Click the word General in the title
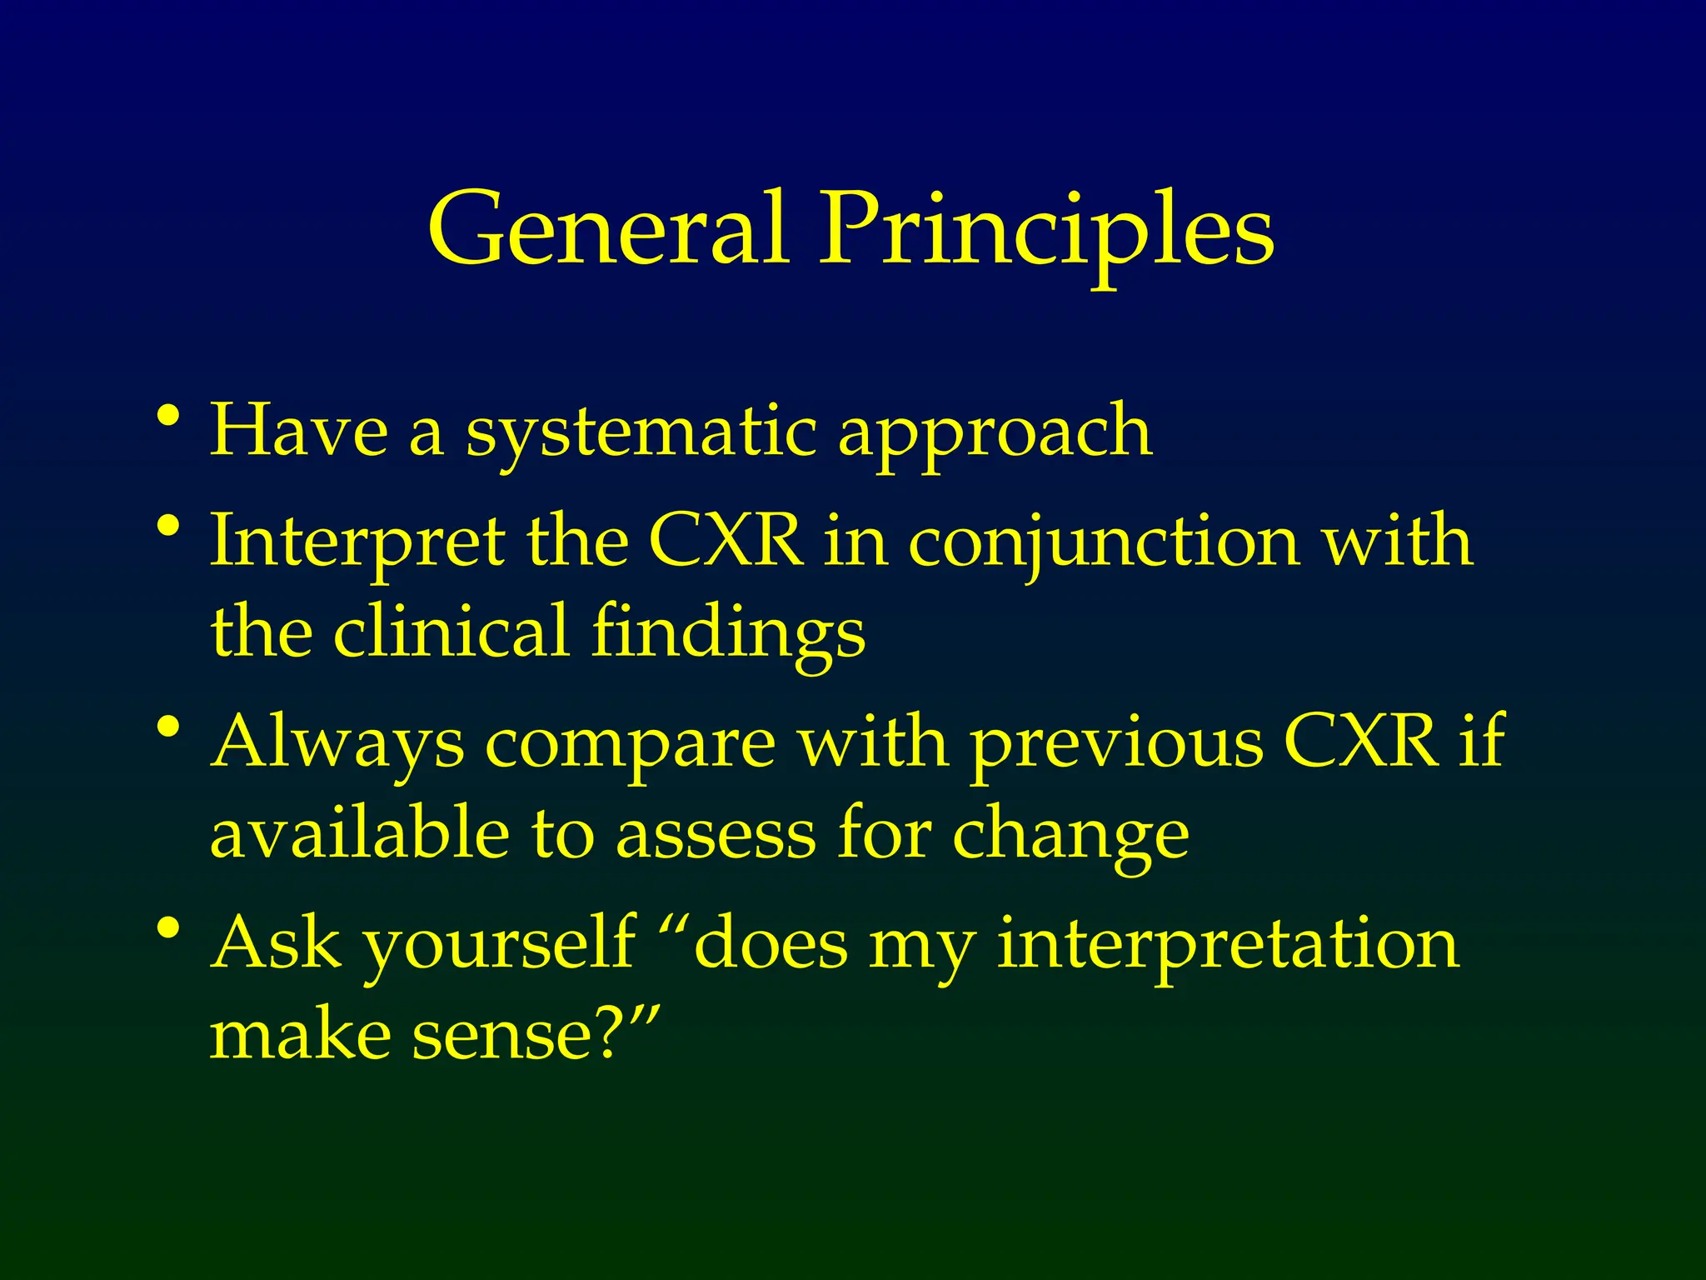pos(607,229)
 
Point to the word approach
pos(995,433)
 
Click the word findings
pos(728,633)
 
